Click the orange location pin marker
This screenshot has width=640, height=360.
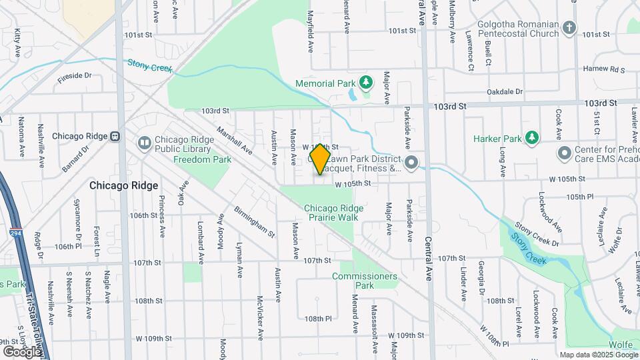[320, 159]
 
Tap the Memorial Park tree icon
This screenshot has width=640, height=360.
[365, 83]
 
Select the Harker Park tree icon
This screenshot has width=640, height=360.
[531, 137]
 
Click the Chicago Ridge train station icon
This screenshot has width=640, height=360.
[115, 136]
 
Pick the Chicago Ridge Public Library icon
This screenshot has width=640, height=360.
[145, 143]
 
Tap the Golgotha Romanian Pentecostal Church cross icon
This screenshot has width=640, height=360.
[568, 28]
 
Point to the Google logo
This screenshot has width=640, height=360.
[22, 351]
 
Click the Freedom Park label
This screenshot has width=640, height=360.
[202, 159]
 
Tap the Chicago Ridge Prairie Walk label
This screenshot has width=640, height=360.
[334, 213]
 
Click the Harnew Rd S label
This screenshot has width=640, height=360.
[604, 69]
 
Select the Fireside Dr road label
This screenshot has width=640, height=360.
[74, 77]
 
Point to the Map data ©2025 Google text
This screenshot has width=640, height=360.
[599, 355]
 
